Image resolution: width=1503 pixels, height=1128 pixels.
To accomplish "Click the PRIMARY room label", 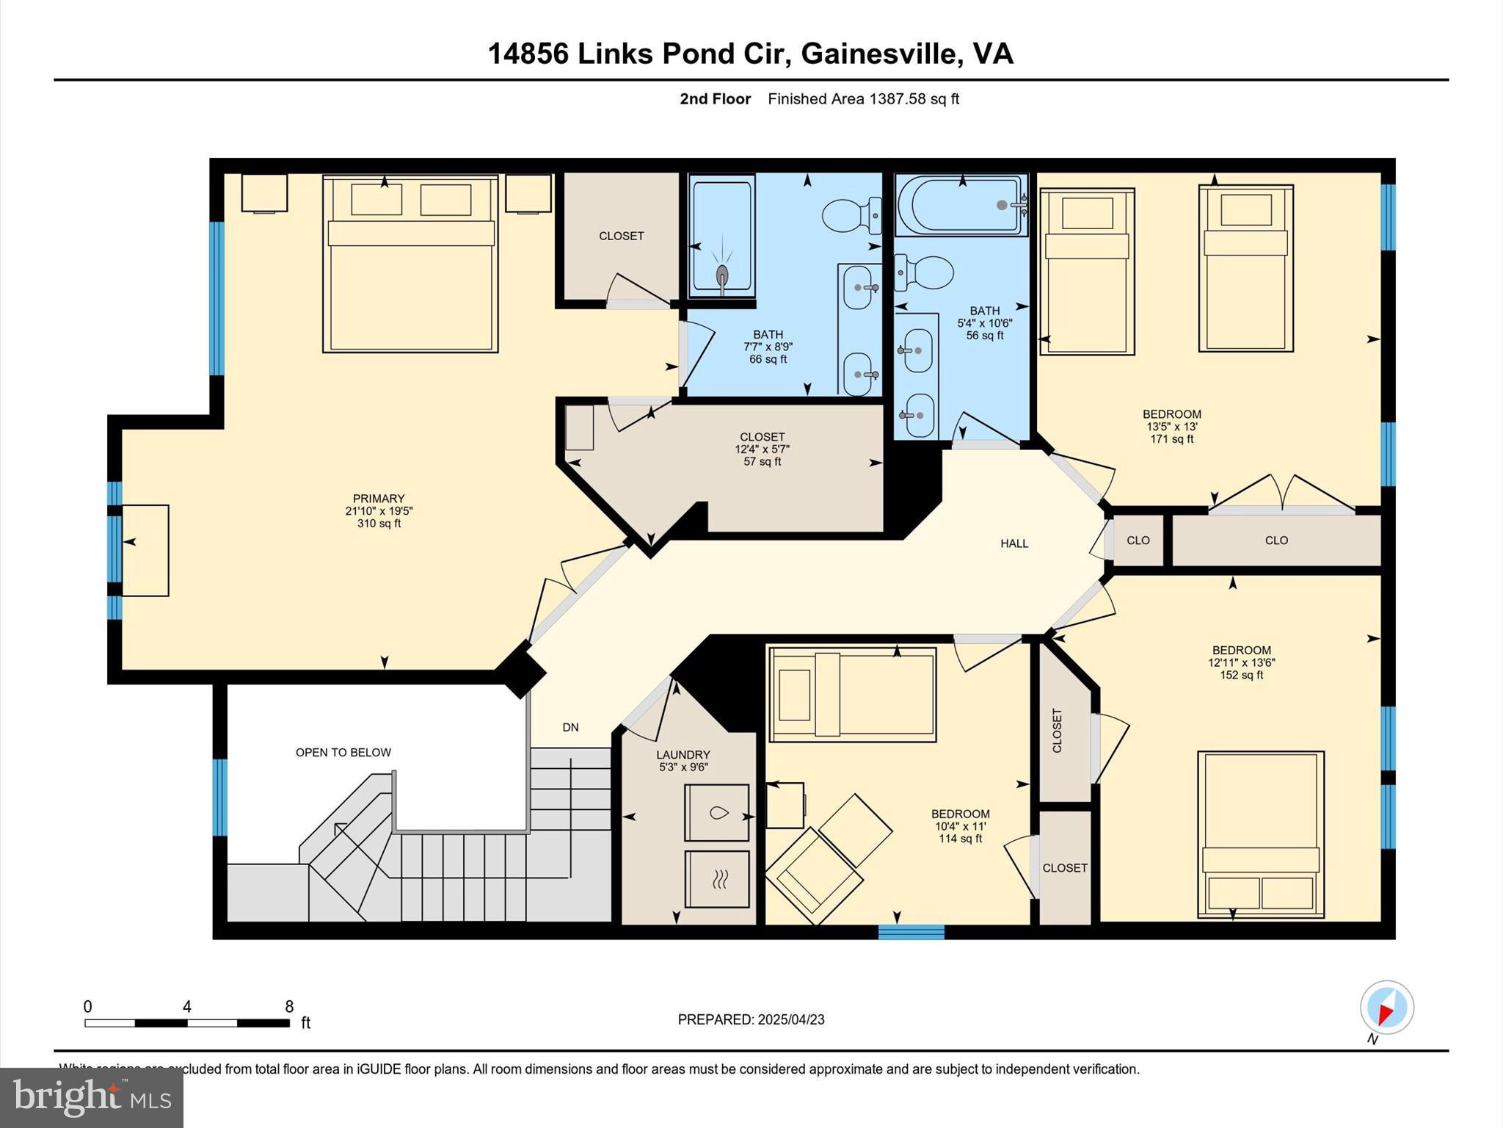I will [x=378, y=499].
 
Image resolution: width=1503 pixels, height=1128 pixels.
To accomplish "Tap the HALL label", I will [x=1014, y=543].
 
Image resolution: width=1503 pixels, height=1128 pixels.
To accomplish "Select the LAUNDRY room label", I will [x=683, y=755].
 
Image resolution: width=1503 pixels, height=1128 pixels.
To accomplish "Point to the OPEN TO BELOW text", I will [x=343, y=752].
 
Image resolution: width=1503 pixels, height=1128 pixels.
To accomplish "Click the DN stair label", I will [x=570, y=728].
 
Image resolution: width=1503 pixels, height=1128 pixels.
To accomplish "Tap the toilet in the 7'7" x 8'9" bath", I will [x=851, y=214].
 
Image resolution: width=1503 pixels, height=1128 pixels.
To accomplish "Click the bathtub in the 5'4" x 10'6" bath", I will [x=961, y=206].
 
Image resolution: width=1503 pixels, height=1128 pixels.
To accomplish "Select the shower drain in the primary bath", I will [x=723, y=275].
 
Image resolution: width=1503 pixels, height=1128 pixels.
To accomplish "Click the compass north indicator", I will [x=1386, y=1008].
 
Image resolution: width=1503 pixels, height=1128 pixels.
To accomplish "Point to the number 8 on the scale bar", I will [x=289, y=1007].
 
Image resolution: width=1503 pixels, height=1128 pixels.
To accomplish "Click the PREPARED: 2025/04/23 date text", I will [x=751, y=1019].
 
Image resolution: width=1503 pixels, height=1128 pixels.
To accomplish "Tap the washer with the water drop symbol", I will [x=716, y=813].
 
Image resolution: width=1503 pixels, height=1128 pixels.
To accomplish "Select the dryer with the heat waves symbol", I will [x=716, y=879].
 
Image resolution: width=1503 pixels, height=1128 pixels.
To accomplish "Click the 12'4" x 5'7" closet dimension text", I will [x=762, y=449].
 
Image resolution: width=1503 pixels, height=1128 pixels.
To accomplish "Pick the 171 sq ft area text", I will [x=1171, y=439].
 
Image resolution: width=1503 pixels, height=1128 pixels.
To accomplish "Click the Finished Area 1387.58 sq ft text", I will [x=863, y=99].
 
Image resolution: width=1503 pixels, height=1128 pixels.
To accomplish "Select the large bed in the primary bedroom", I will [x=410, y=264].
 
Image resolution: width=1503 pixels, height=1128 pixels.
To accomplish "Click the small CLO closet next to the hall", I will [x=1138, y=540].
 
